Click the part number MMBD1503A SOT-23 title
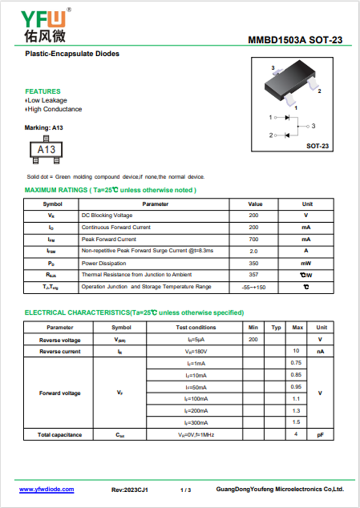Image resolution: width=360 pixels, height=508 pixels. click(x=295, y=40)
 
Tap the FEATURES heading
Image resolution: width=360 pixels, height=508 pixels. click(x=43, y=91)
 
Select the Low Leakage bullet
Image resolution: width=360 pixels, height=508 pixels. click(x=47, y=100)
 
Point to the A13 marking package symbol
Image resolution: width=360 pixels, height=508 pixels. click(x=46, y=149)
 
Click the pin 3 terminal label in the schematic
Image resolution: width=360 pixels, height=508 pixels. click(x=313, y=126)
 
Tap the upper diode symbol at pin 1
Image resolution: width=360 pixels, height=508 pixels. click(x=287, y=117)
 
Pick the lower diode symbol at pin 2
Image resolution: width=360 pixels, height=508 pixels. click(x=287, y=135)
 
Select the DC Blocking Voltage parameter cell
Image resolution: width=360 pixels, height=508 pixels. click(x=107, y=216)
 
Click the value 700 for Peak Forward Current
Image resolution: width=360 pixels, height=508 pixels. click(x=253, y=239)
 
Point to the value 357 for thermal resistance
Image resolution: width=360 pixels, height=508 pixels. click(x=253, y=274)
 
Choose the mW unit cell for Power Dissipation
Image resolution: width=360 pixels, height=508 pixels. click(x=306, y=263)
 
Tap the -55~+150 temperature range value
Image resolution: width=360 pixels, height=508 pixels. click(x=253, y=287)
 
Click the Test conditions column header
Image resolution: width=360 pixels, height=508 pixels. click(x=195, y=328)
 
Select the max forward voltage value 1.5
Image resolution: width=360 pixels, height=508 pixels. click(x=296, y=422)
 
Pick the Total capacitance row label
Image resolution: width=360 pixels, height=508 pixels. click(x=59, y=435)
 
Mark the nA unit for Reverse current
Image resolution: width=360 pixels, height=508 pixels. click(x=320, y=351)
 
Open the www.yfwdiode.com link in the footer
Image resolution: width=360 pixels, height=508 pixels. click(x=46, y=490)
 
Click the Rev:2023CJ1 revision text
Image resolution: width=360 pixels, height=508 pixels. click(x=130, y=490)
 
